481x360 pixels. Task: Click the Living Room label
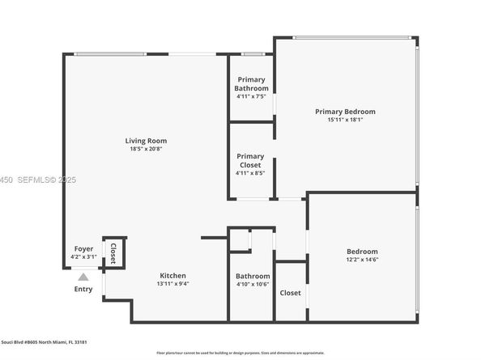(146, 141)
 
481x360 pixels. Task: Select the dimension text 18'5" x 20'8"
(146, 149)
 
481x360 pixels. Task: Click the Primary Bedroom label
(345, 112)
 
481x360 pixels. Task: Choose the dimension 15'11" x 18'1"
(345, 120)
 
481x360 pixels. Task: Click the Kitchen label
(172, 275)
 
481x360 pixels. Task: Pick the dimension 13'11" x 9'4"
(172, 284)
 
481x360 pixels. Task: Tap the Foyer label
(83, 248)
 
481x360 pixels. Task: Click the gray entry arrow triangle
(83, 277)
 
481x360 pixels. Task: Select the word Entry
(83, 289)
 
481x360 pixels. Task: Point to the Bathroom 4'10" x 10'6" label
(253, 280)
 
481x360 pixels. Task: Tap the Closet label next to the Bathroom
(290, 293)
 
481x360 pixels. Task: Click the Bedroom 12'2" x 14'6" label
(361, 255)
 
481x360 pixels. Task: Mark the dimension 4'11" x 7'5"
(250, 96)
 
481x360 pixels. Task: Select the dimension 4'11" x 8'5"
(250, 172)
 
